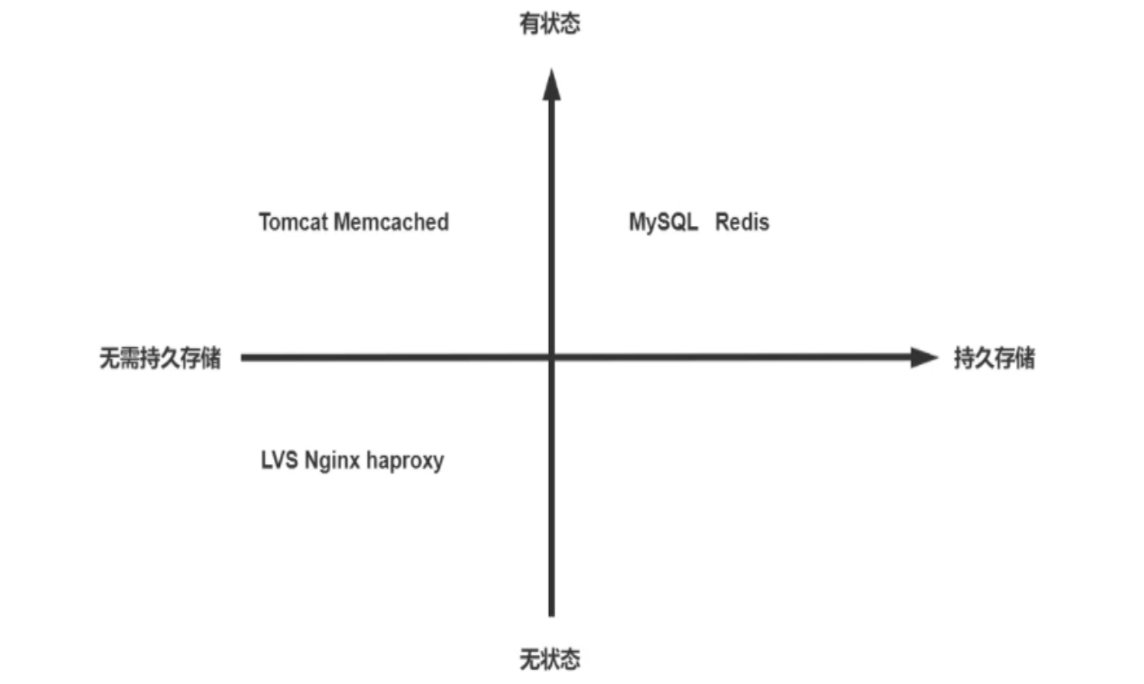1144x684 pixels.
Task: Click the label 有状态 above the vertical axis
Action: [550, 23]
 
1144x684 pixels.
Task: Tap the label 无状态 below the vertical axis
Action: [550, 659]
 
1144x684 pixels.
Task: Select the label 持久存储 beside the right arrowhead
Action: [993, 358]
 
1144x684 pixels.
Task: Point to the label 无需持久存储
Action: [159, 358]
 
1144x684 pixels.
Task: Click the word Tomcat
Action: [293, 222]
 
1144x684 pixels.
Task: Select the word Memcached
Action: [391, 222]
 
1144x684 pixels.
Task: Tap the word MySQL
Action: [663, 223]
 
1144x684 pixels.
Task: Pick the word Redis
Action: [742, 222]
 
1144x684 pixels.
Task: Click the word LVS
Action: [279, 460]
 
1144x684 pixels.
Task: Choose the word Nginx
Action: [332, 461]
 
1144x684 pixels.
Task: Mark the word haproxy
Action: [405, 461]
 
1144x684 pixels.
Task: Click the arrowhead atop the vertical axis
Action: [551, 85]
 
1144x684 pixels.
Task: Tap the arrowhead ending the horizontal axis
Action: [923, 357]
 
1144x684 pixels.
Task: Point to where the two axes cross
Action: [551, 357]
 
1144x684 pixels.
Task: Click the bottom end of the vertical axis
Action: [551, 614]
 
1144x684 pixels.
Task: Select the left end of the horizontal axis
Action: [244, 357]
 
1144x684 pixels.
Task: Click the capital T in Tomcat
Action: [264, 222]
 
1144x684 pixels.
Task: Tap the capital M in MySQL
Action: [637, 222]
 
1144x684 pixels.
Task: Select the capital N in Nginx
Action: [312, 460]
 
